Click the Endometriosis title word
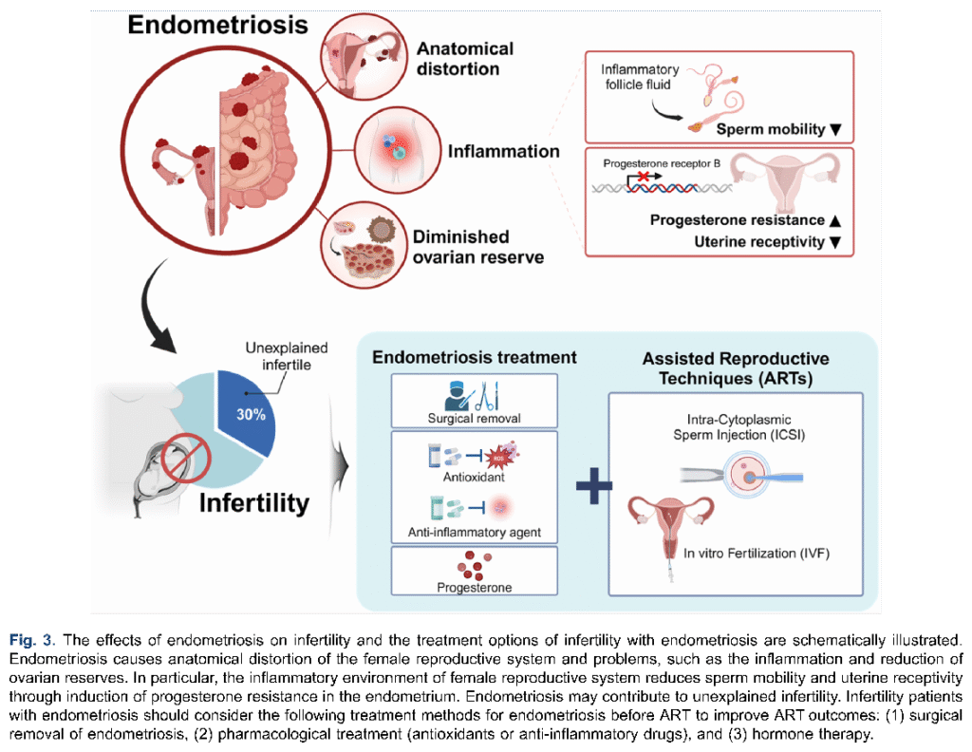click(218, 25)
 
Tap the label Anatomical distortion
click(465, 59)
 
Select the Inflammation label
click(504, 151)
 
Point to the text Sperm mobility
click(772, 129)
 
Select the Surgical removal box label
click(474, 418)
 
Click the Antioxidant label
click(474, 478)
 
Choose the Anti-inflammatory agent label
click(474, 533)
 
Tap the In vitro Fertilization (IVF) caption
click(757, 553)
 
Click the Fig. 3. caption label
click(32, 638)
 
